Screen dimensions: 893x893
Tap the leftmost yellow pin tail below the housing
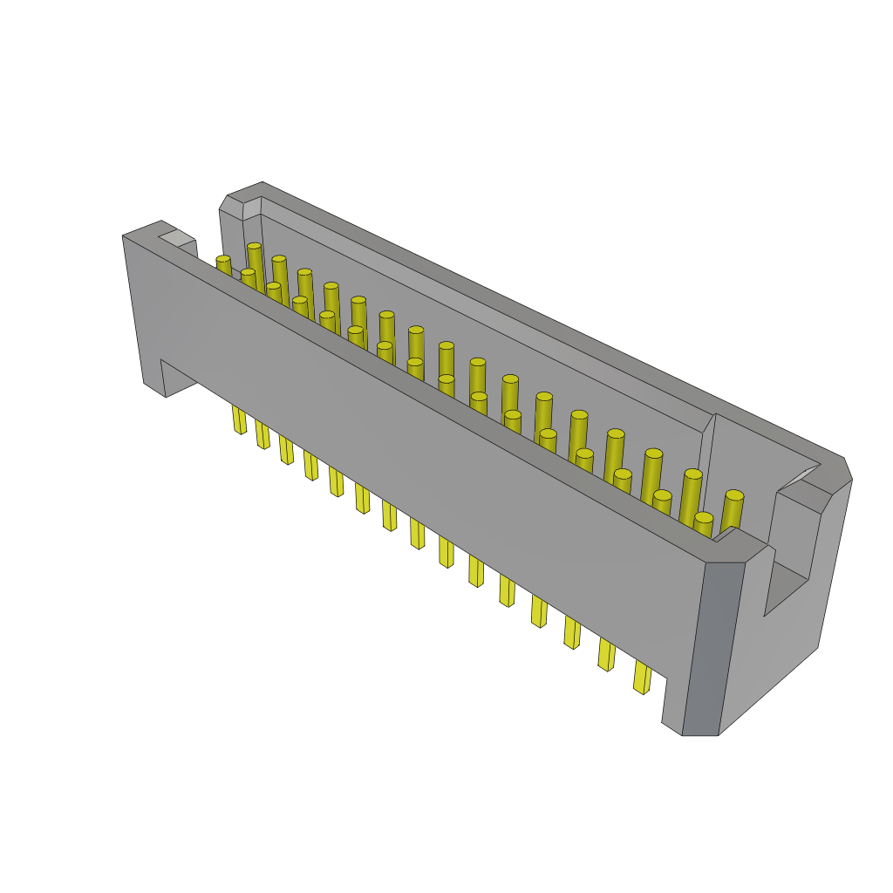(239, 419)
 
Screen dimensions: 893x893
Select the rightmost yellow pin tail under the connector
(642, 677)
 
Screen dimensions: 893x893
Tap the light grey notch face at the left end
(178, 237)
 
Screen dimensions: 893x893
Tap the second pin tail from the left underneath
(262, 433)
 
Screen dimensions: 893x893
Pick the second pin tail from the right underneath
(606, 654)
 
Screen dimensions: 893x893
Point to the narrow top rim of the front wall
(436, 392)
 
